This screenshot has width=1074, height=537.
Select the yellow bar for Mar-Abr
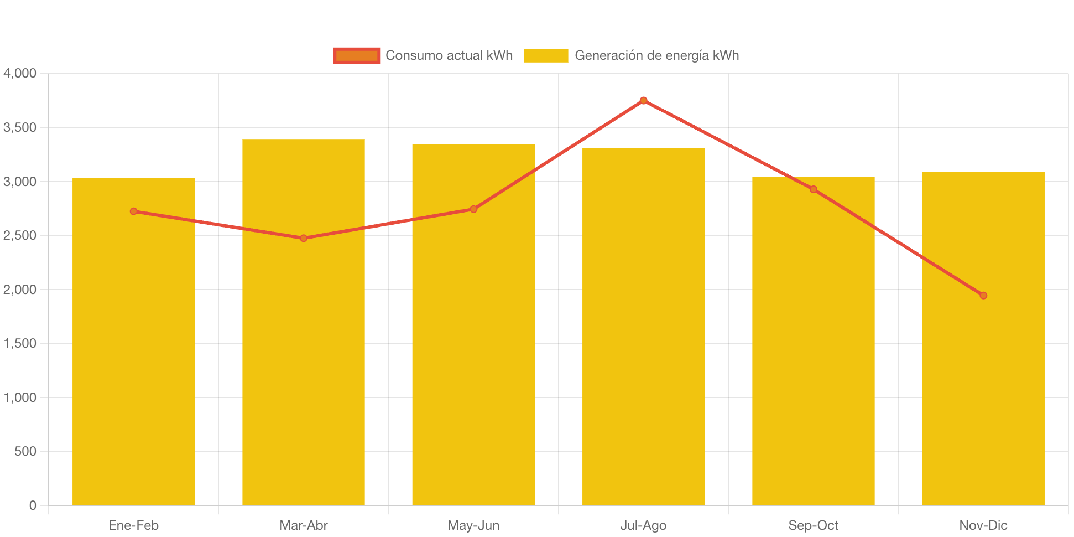304,332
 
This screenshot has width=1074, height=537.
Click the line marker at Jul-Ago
643,101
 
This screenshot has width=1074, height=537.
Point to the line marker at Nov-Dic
983,296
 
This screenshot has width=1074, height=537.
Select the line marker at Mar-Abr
304,238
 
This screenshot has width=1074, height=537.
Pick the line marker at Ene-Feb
134,211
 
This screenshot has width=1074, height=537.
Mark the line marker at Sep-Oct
814,189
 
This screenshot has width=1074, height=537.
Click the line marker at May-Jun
473,209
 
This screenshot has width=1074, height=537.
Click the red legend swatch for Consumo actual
357,55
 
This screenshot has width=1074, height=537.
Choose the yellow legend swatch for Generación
546,55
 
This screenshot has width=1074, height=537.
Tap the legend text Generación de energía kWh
656,55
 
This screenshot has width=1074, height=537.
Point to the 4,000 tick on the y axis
20,73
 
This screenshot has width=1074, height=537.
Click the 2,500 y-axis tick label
20,235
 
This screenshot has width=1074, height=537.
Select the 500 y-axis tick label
25,451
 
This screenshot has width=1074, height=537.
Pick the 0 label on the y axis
33,505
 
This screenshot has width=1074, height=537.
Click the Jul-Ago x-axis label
643,525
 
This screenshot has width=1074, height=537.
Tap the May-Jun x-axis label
473,525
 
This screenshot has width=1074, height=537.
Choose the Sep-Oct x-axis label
814,525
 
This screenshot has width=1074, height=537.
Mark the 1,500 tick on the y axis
20,343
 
